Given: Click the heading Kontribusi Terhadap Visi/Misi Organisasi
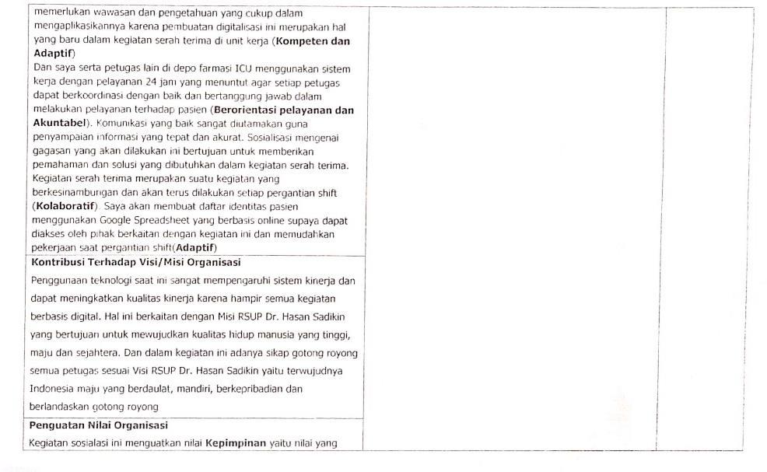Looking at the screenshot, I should point(136,262).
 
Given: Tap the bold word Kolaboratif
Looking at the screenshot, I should point(68,205).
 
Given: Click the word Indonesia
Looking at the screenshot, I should point(53,388).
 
